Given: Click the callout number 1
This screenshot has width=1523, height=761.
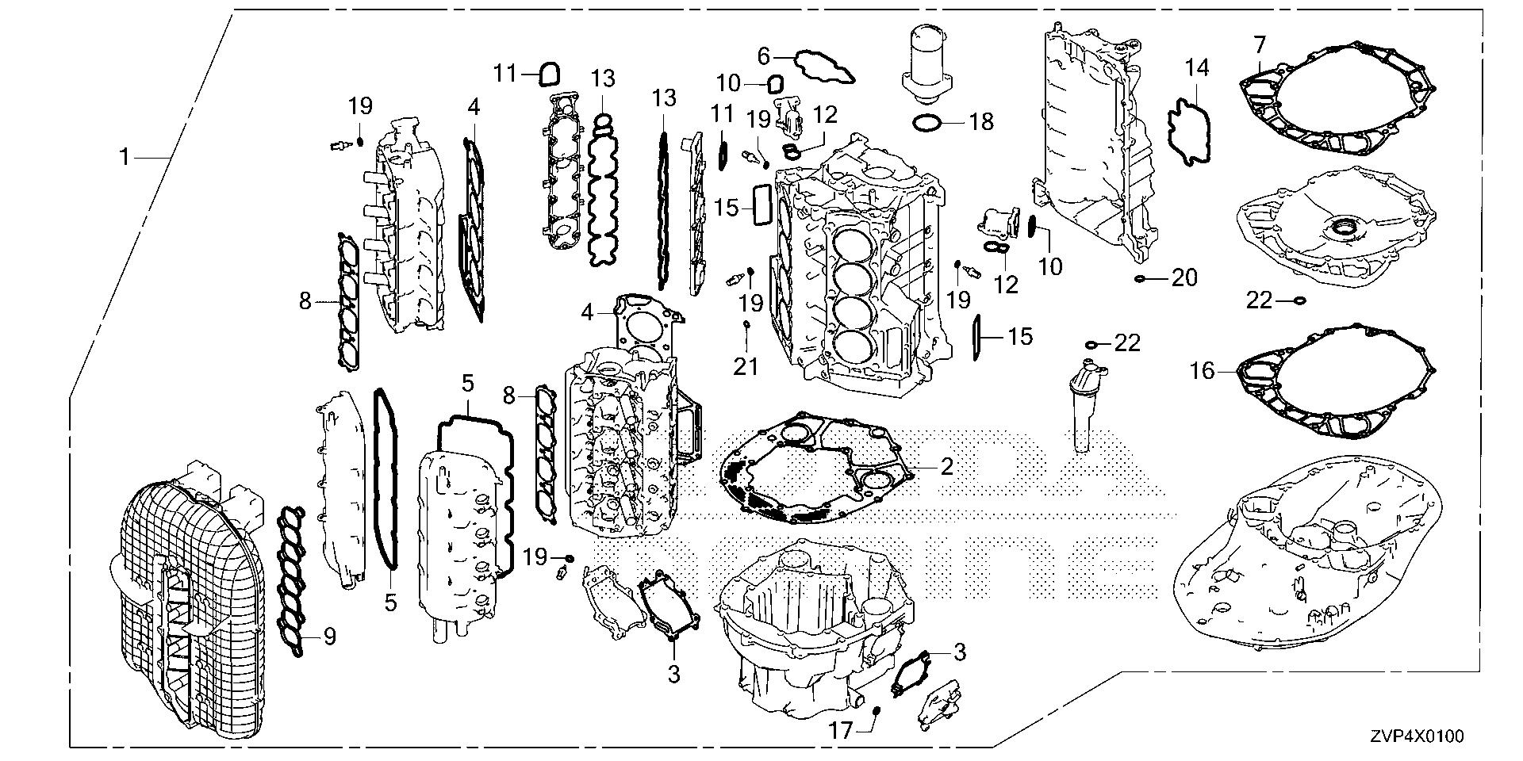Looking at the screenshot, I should pos(124,158).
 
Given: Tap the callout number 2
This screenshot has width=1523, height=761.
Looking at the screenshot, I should pos(946,465).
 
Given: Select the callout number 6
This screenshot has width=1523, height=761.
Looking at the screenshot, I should pos(764,55).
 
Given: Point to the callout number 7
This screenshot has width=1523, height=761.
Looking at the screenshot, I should pos(1259,44).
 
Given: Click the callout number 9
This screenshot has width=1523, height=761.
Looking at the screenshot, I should pos(329,636).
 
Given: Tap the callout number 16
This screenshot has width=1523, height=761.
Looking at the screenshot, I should pos(1203,370).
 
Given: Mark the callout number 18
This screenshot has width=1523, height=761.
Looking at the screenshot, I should pos(980,122).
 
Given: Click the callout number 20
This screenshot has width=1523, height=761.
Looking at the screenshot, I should pos(1183,277).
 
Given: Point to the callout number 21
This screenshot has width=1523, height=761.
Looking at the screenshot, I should pos(746,366).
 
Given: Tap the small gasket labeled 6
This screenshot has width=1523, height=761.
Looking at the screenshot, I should pos(825,67).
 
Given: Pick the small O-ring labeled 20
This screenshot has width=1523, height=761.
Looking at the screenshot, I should pos(1139,278).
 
